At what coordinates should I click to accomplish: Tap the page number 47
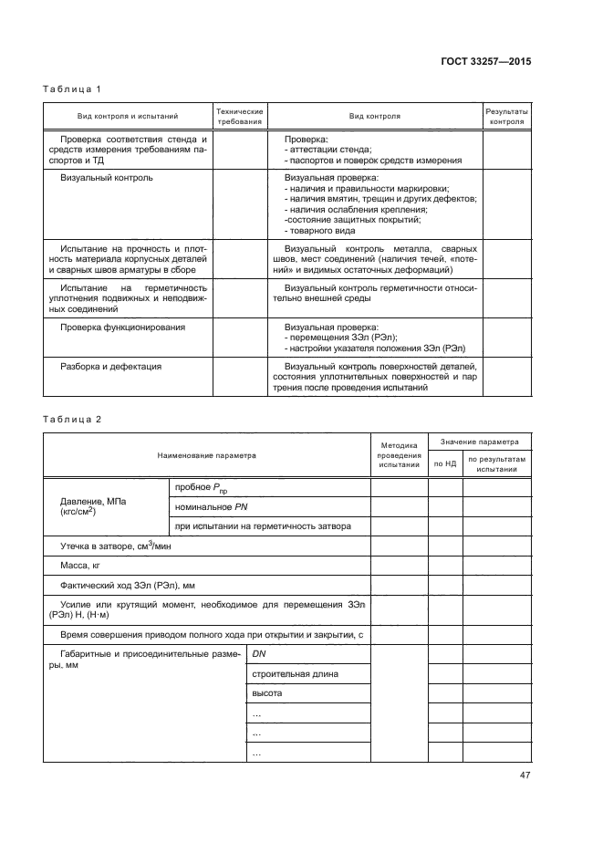click(525, 775)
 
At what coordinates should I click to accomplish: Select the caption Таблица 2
click(72, 419)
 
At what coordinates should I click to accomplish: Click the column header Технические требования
click(239, 116)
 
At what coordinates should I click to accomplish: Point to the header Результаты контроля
click(506, 116)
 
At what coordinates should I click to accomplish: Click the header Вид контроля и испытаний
click(128, 116)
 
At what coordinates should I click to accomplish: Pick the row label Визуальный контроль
click(106, 177)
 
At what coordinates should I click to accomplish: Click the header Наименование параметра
click(206, 454)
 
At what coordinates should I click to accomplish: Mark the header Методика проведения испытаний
click(399, 454)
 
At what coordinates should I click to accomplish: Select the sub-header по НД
click(444, 463)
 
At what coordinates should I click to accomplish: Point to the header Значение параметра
click(480, 439)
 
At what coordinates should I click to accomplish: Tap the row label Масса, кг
click(80, 566)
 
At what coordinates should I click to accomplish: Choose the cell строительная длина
click(282, 673)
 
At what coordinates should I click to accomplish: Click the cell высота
click(266, 693)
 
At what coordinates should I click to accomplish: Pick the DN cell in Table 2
click(258, 653)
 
